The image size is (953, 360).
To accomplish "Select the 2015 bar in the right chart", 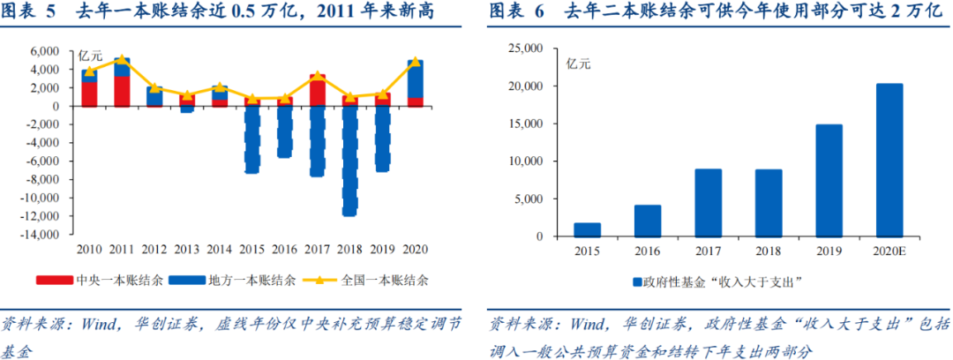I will [x=587, y=229].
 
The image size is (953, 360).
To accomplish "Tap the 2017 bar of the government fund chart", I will [x=709, y=202].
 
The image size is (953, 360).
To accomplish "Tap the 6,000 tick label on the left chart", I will [x=45, y=51].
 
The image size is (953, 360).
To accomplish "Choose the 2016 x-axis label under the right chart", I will [x=648, y=251].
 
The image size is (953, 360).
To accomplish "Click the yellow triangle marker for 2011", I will [x=122, y=59].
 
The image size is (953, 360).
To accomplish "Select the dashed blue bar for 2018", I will [x=349, y=159].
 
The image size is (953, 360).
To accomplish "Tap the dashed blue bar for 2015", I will [x=251, y=138].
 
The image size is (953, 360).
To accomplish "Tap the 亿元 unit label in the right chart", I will [x=580, y=63].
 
